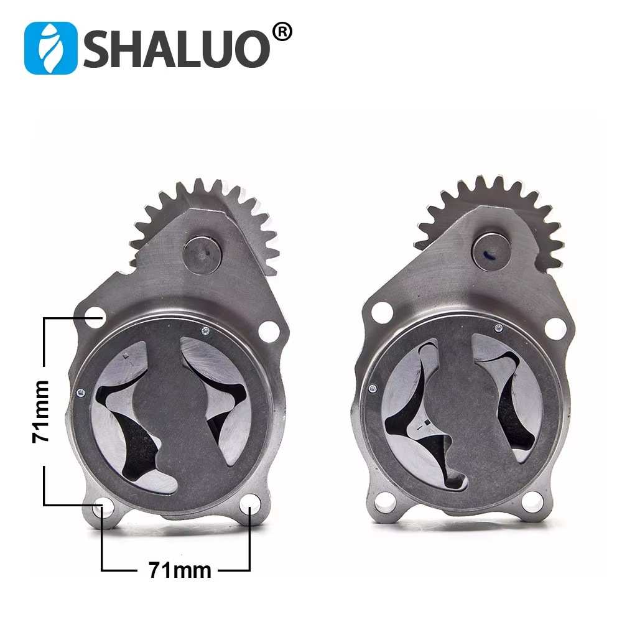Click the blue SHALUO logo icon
pyautogui.click(x=51, y=48)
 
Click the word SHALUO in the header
pyautogui.click(x=177, y=49)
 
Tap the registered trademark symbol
pyautogui.click(x=283, y=32)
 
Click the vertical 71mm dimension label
pyautogui.click(x=40, y=411)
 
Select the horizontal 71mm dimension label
pyautogui.click(x=180, y=570)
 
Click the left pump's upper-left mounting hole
pyautogui.click(x=95, y=317)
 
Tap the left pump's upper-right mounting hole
pyautogui.click(x=269, y=332)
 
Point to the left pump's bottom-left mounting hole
pyautogui.click(x=103, y=506)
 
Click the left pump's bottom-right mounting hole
pyautogui.click(x=250, y=503)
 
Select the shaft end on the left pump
pyautogui.click(x=202, y=254)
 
